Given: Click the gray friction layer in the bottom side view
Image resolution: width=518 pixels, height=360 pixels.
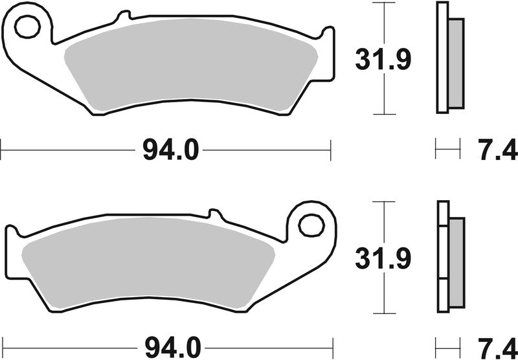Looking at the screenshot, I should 456,259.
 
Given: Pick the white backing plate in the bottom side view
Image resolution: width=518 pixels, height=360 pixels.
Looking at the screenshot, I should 442,259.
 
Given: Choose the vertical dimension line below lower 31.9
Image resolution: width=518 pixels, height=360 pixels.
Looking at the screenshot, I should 385,295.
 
